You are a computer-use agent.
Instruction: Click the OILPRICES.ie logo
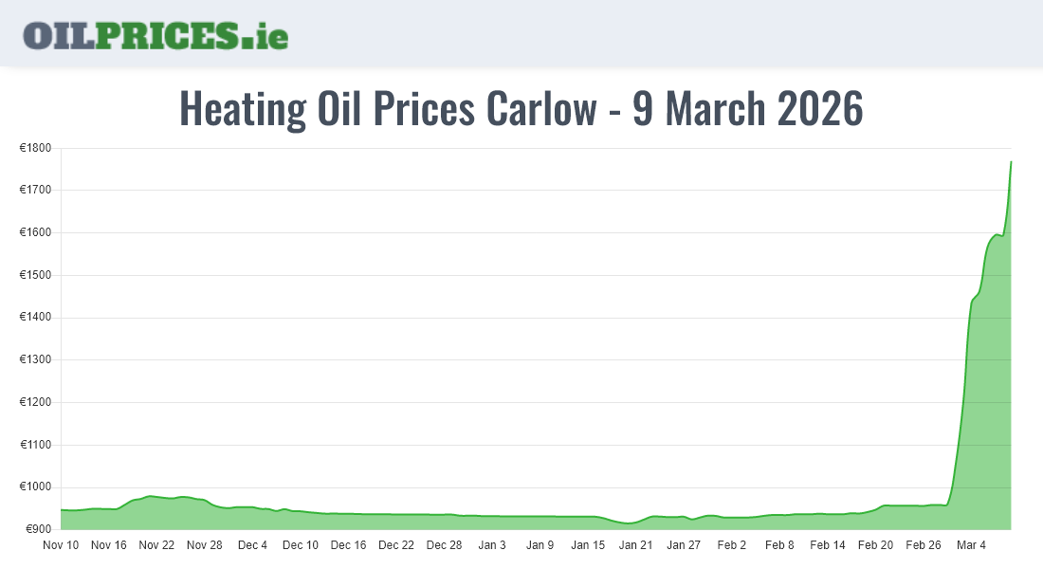tap(156, 35)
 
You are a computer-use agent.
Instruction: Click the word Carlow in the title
tap(542, 109)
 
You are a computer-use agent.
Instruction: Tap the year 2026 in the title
tap(820, 109)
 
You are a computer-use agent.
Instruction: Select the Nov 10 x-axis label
tap(61, 545)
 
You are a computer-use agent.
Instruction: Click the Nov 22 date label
tap(156, 545)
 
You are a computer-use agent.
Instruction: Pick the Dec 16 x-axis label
tap(348, 545)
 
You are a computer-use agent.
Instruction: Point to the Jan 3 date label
tap(492, 545)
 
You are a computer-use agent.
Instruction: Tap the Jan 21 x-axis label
tap(635, 545)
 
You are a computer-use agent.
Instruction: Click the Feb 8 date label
tap(779, 545)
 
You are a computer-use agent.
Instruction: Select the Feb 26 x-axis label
tap(923, 545)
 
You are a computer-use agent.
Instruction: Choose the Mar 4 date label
tap(971, 545)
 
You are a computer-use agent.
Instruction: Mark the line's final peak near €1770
tap(1011, 162)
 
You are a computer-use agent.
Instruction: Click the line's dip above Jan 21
tap(630, 523)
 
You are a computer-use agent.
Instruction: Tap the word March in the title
tap(711, 109)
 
